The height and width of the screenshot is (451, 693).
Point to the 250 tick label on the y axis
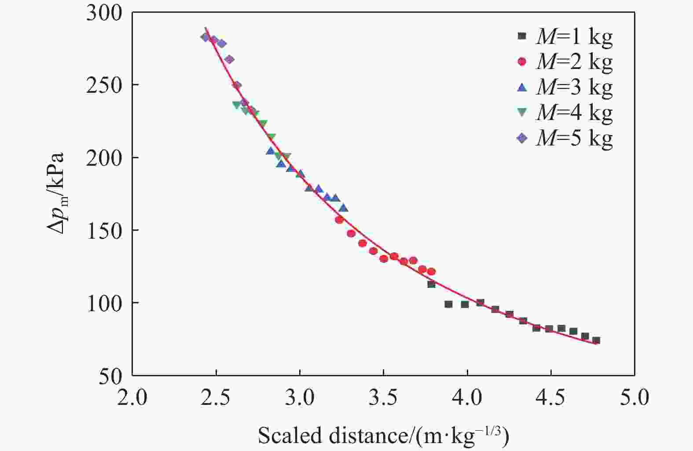click(104, 85)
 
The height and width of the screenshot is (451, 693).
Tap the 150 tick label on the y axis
click(104, 231)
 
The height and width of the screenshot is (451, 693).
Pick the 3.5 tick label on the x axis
click(384, 398)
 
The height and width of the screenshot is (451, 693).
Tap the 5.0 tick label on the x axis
click(634, 398)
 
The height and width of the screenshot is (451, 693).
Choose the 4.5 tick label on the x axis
click(550, 398)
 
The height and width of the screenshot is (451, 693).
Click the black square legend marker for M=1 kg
click(522, 36)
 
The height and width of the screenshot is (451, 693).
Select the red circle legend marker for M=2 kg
click(522, 62)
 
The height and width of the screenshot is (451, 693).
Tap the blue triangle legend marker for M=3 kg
click(522, 87)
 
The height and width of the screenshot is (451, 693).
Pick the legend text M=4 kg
click(574, 113)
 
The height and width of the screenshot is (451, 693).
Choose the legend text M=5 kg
click(574, 138)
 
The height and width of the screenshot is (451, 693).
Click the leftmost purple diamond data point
click(205, 37)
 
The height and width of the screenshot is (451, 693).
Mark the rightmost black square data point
click(596, 340)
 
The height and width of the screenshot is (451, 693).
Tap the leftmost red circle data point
click(339, 220)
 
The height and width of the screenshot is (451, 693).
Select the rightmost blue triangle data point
click(344, 208)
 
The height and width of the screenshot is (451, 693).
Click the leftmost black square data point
click(431, 284)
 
